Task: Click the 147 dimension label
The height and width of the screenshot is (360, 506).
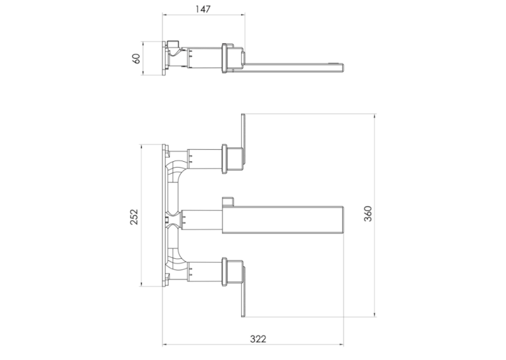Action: (x=203, y=9)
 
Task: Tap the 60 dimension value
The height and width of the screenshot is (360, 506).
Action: (x=137, y=58)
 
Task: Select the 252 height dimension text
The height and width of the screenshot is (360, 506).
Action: (x=133, y=217)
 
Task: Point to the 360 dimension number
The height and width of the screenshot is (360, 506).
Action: (x=368, y=213)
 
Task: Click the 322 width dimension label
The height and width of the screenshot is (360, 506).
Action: (x=258, y=339)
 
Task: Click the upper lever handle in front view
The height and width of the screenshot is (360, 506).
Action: (x=244, y=139)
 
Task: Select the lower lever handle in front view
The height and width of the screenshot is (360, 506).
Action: (x=244, y=291)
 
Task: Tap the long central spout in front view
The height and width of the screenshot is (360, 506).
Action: (x=282, y=219)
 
